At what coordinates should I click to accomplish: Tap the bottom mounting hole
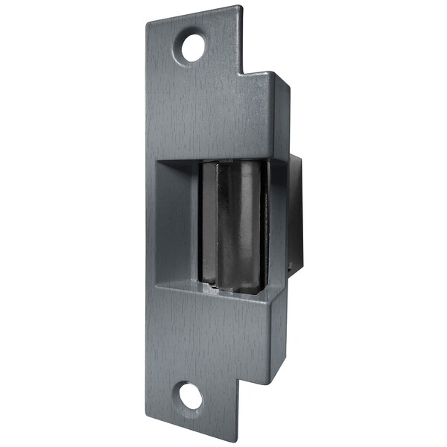pyautogui.click(x=191, y=396)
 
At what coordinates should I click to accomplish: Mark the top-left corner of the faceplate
pyautogui.click(x=146, y=22)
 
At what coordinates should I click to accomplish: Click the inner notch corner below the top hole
pyautogui.click(x=240, y=74)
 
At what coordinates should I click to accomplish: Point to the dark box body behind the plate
pyautogui.click(x=296, y=216)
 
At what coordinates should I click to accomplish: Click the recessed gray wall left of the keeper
pyautogui.click(x=177, y=223)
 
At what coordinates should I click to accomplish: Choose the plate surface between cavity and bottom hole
pyautogui.click(x=201, y=335)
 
